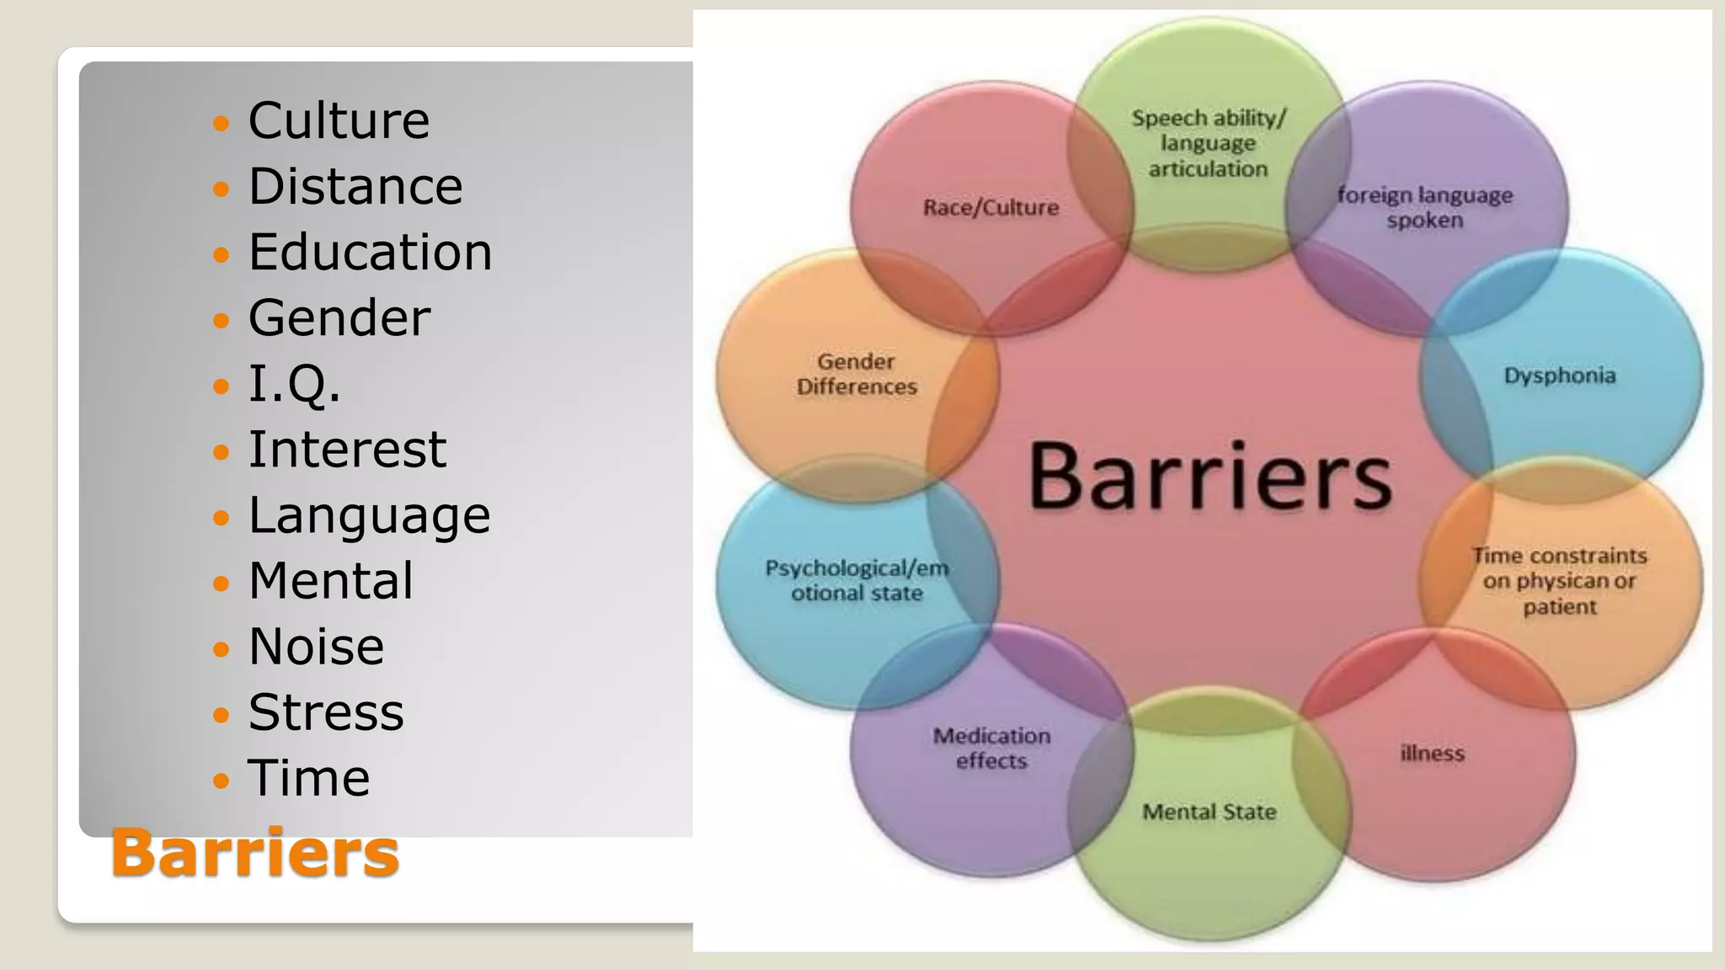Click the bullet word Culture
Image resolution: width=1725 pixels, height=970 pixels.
[x=339, y=120]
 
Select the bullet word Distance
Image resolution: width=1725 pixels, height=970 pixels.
[x=355, y=186]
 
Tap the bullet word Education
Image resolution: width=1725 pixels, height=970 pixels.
[x=370, y=252]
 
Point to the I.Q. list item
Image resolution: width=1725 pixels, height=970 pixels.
[x=294, y=384]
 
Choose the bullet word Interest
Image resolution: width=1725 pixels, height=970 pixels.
[x=347, y=450]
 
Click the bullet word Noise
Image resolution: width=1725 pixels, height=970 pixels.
[x=316, y=647]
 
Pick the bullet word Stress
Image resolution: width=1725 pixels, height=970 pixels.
[x=326, y=712]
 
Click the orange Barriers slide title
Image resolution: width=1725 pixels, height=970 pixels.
[x=254, y=853]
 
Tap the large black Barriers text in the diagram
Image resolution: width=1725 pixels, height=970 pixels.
[x=1210, y=477]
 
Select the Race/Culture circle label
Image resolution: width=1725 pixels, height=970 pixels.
[x=991, y=208]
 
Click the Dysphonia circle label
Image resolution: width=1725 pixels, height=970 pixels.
[x=1560, y=376]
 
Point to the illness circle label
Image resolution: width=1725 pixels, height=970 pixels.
[x=1432, y=754]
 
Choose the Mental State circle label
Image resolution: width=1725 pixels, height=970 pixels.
[x=1210, y=813]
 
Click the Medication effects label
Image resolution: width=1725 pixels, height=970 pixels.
[x=991, y=749]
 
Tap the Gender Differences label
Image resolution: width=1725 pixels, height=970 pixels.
[x=857, y=374]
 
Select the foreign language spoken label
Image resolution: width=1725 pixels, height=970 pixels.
[x=1425, y=208]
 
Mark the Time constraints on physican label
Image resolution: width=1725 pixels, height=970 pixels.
[x=1560, y=581]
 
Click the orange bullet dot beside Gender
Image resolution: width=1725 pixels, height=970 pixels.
[x=222, y=321]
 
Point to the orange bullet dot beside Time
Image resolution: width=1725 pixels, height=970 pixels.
[x=222, y=781]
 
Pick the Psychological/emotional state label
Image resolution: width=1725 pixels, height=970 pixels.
[x=857, y=581]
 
